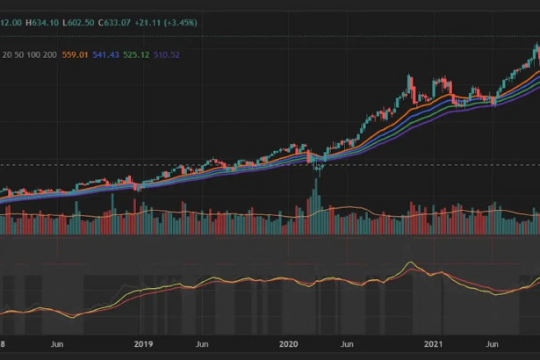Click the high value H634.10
click(42, 23)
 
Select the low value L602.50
click(78, 23)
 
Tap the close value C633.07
click(115, 23)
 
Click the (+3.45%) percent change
click(181, 23)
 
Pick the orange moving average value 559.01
click(76, 54)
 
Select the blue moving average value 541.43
click(105, 54)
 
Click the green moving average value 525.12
click(136, 54)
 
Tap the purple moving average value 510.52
click(167, 54)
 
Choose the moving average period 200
click(50, 54)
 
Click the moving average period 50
click(19, 54)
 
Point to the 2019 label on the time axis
click(143, 344)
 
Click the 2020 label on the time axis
click(289, 344)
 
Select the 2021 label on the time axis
click(433, 344)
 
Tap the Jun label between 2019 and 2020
click(202, 344)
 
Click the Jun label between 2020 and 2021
click(347, 344)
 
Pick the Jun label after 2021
click(492, 344)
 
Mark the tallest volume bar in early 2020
click(316, 206)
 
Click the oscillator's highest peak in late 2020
click(410, 263)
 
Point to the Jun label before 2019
click(57, 344)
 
